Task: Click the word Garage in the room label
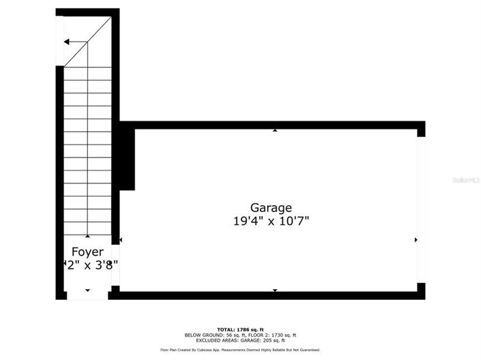271,207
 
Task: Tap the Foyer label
87,252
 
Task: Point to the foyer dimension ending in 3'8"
91,265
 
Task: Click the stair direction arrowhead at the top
67,42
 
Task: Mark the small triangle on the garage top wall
275,130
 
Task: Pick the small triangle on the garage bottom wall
275,290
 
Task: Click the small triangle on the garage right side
416,240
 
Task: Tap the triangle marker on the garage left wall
121,240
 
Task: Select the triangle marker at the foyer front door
87,290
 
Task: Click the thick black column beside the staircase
127,158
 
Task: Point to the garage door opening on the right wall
421,209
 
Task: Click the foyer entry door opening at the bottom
87,296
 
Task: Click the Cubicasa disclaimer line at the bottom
239,350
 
